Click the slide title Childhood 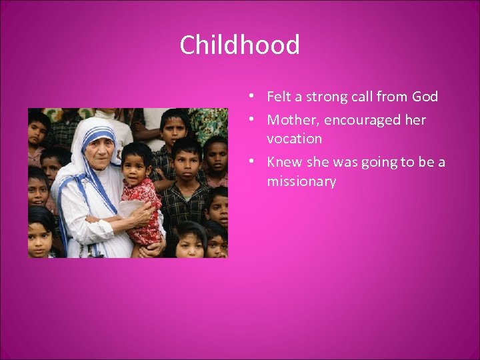click(x=239, y=45)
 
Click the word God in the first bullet click(x=425, y=97)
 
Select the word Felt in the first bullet click(x=279, y=97)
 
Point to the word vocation click(x=294, y=139)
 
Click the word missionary click(x=301, y=181)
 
